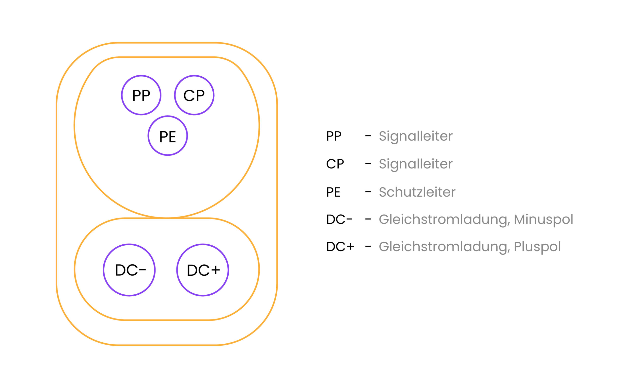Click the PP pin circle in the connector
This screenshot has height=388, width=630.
point(141,95)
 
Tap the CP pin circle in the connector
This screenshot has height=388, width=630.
point(194,95)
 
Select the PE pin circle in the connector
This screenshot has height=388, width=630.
point(168,136)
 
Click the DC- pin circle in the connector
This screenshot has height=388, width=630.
point(129,270)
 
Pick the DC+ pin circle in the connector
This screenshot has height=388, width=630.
point(203,270)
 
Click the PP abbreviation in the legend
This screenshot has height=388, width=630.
point(334,136)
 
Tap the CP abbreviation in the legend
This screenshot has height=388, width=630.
point(335,164)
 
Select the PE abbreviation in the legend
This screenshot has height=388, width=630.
point(333,192)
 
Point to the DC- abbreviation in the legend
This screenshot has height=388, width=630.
point(339,220)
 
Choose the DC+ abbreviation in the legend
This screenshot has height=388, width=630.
point(340,247)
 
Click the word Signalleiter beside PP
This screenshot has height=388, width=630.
point(416,136)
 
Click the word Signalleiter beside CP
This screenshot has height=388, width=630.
point(416,164)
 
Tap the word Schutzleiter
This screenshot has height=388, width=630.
point(417,192)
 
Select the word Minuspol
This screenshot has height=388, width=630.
point(543,220)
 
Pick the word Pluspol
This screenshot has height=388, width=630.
point(537,247)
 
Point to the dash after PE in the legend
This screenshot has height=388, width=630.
point(368,192)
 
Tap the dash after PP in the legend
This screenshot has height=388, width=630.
point(368,136)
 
